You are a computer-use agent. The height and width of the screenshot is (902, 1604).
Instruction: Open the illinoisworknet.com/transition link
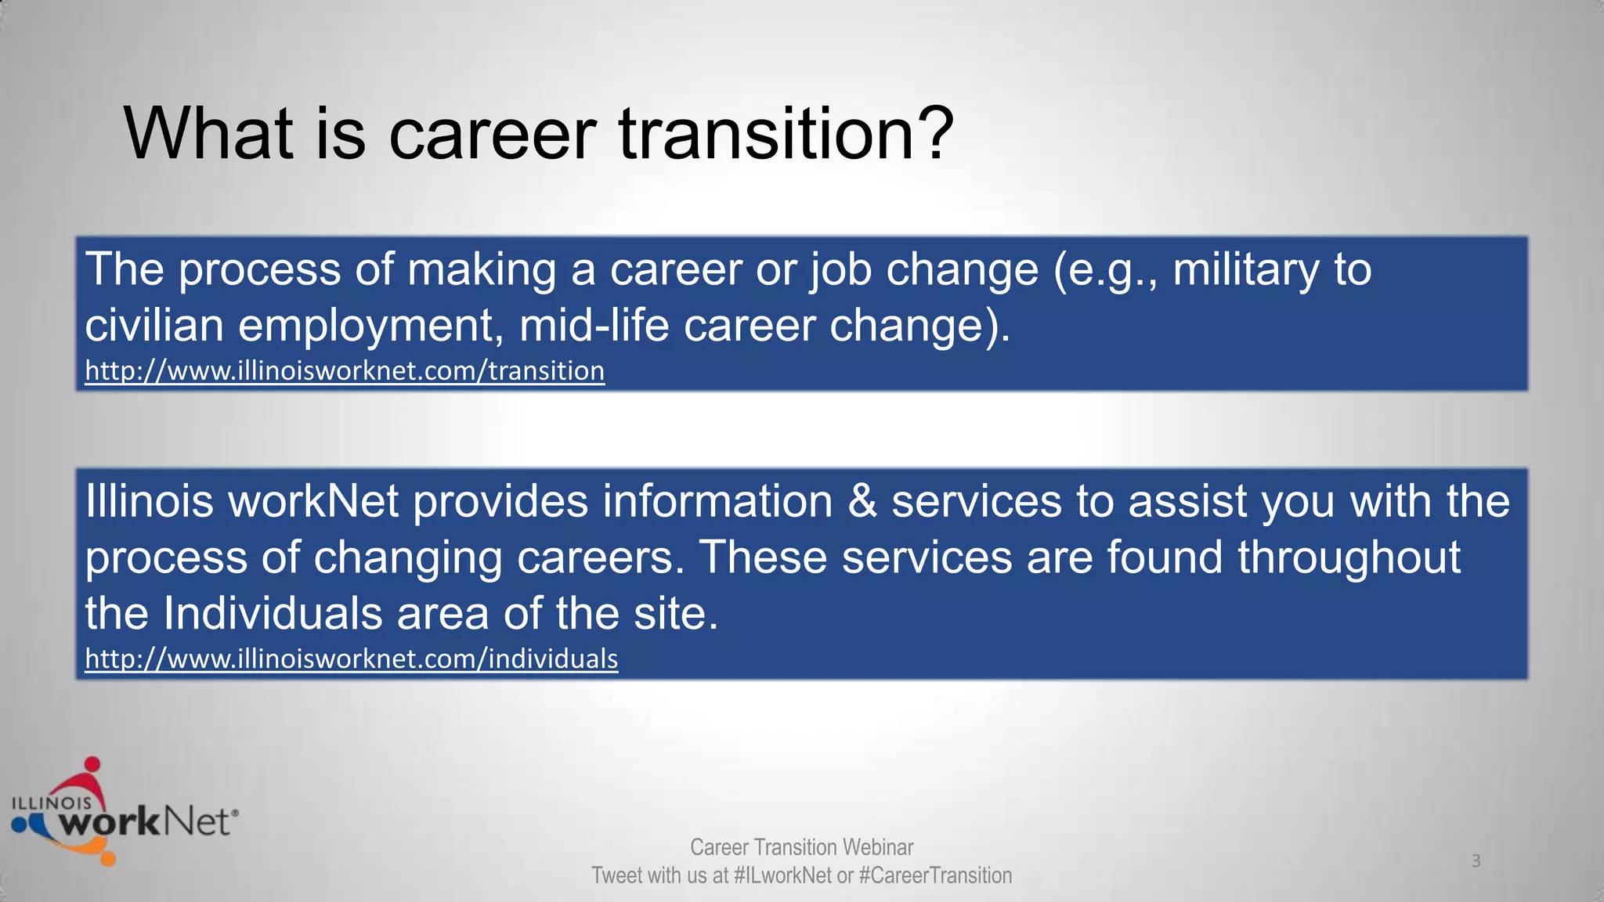(345, 370)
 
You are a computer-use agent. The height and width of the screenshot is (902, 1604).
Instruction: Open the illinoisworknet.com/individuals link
(351, 658)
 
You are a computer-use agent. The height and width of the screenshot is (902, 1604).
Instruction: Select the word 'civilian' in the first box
(154, 325)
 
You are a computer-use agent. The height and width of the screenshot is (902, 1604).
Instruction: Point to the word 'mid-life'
(594, 325)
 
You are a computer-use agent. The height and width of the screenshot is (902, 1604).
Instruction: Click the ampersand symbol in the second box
(862, 501)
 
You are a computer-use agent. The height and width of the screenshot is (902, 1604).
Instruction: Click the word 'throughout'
(1349, 557)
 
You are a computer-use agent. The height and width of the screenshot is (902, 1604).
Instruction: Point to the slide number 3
(1476, 861)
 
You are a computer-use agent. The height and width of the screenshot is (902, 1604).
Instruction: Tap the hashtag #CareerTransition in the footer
(935, 875)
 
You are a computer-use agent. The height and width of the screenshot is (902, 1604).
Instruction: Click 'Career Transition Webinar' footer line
(801, 847)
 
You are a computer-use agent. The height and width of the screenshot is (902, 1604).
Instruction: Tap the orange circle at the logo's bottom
(107, 858)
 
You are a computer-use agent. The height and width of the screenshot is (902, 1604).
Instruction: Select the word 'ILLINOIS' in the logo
(51, 803)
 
